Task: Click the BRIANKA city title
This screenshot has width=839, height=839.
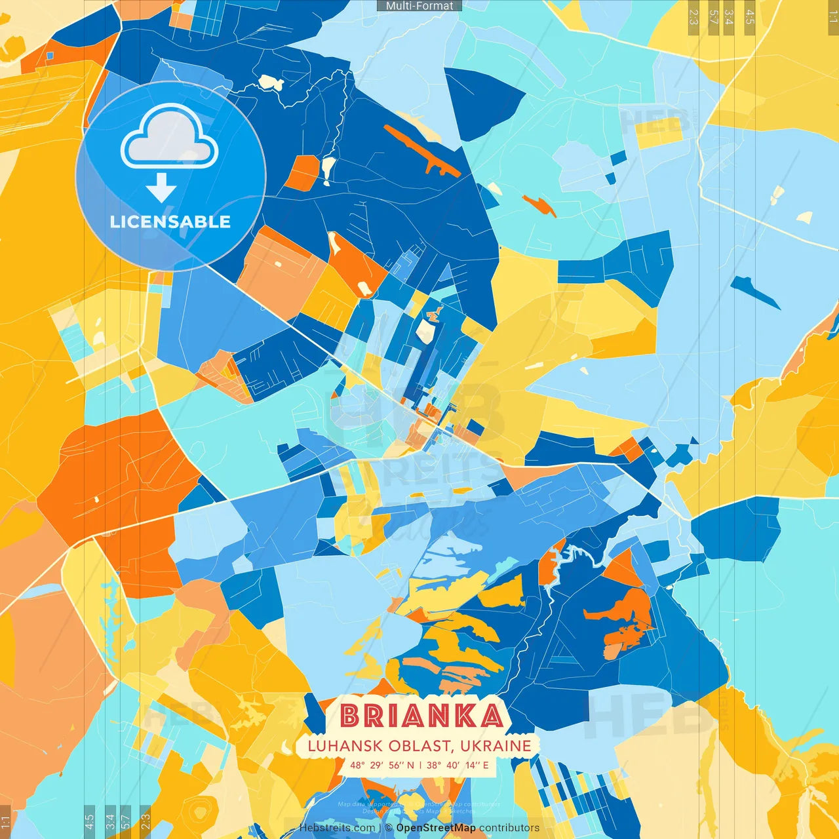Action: click(421, 716)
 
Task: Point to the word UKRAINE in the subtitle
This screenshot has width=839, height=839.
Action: click(495, 746)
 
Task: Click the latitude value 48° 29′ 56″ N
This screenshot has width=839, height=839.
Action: click(382, 765)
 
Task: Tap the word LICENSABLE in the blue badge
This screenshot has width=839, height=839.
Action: click(170, 222)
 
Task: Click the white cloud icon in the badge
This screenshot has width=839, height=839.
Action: click(170, 137)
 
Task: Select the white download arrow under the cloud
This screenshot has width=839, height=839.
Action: click(161, 188)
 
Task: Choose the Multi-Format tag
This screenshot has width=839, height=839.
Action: click(419, 6)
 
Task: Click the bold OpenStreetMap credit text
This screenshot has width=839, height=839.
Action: click(436, 828)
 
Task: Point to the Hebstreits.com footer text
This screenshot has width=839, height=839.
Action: click(337, 828)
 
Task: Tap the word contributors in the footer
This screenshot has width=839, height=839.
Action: click(509, 828)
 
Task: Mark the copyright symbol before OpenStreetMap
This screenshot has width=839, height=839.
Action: click(389, 828)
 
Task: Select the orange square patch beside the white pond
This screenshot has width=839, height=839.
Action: click(302, 173)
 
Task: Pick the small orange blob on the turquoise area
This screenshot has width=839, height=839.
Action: click(539, 204)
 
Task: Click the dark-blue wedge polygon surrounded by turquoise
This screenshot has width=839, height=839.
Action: click(481, 102)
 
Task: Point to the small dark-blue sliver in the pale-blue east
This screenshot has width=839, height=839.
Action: click(754, 292)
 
